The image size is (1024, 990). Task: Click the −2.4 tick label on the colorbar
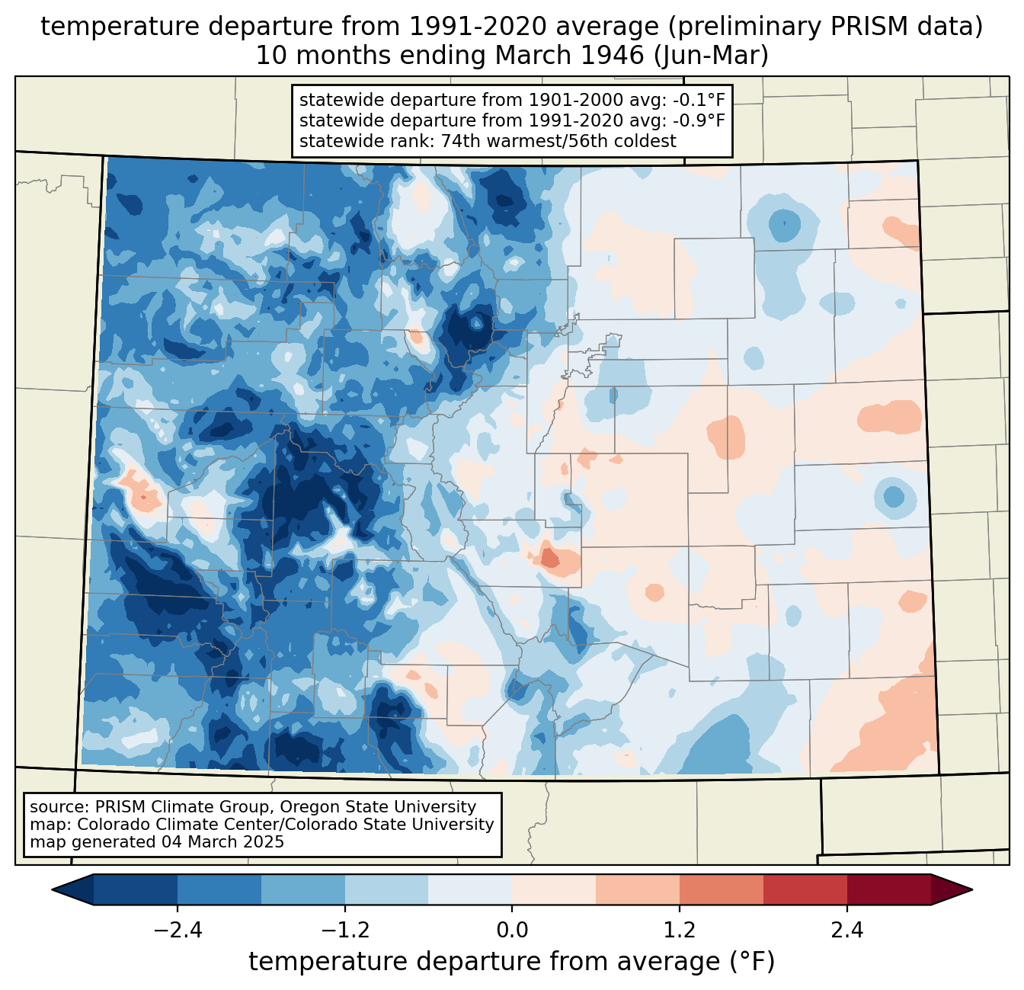click(178, 931)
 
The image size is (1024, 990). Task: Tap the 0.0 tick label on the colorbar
click(512, 931)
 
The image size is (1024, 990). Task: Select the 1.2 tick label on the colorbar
click(680, 931)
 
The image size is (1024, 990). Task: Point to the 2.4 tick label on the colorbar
click(847, 931)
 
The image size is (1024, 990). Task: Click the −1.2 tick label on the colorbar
click(345, 931)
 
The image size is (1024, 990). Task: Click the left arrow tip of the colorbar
click(52, 890)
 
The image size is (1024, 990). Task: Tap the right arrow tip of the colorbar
click(972, 890)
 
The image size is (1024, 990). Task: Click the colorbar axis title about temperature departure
click(511, 962)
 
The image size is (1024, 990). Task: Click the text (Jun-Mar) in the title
click(711, 56)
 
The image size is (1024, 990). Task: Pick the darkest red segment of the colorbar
click(889, 890)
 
